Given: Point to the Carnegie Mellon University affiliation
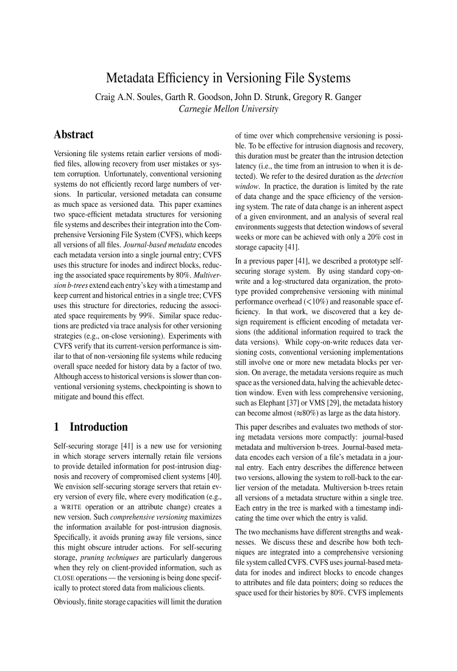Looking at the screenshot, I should [228, 110].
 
